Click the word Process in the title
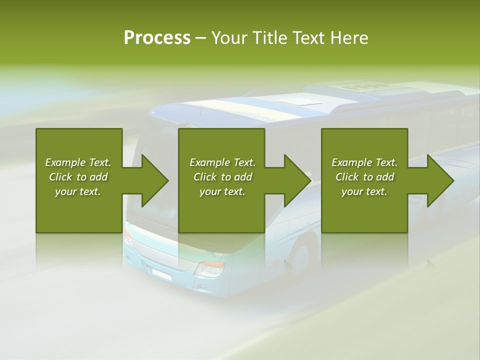(157, 37)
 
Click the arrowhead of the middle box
(297, 180)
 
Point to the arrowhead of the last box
(440, 180)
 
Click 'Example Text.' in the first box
(78, 162)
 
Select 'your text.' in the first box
(78, 191)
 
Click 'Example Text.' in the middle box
(222, 162)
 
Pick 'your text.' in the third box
(364, 191)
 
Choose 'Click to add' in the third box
(364, 177)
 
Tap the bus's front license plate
(161, 273)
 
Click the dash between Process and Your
(200, 38)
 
